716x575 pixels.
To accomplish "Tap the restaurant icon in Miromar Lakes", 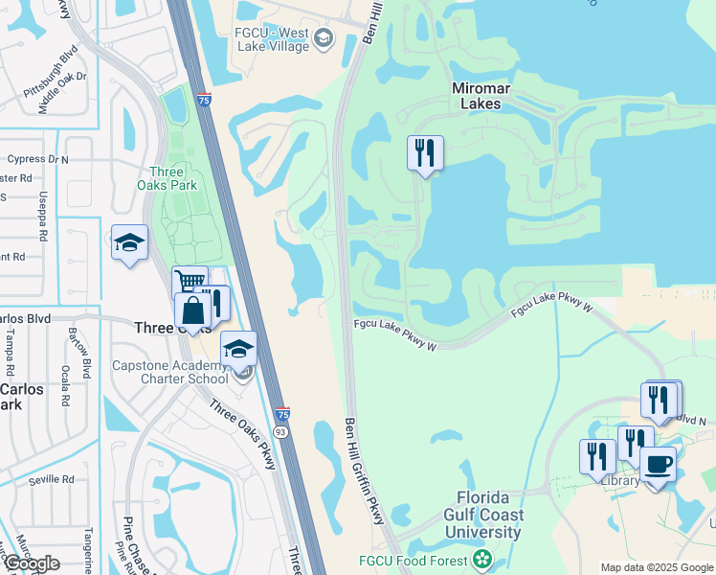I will pos(425,153).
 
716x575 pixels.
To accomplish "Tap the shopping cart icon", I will pos(190,283).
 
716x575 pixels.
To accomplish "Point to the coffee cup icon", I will pos(657,465).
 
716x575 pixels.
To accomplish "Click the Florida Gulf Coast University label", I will pos(488,517).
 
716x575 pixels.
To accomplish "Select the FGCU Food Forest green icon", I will pos(483,559).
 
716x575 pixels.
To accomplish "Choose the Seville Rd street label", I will pos(51,479).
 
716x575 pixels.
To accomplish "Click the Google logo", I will pos(32,563).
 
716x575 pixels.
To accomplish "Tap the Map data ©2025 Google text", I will pos(656,567).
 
